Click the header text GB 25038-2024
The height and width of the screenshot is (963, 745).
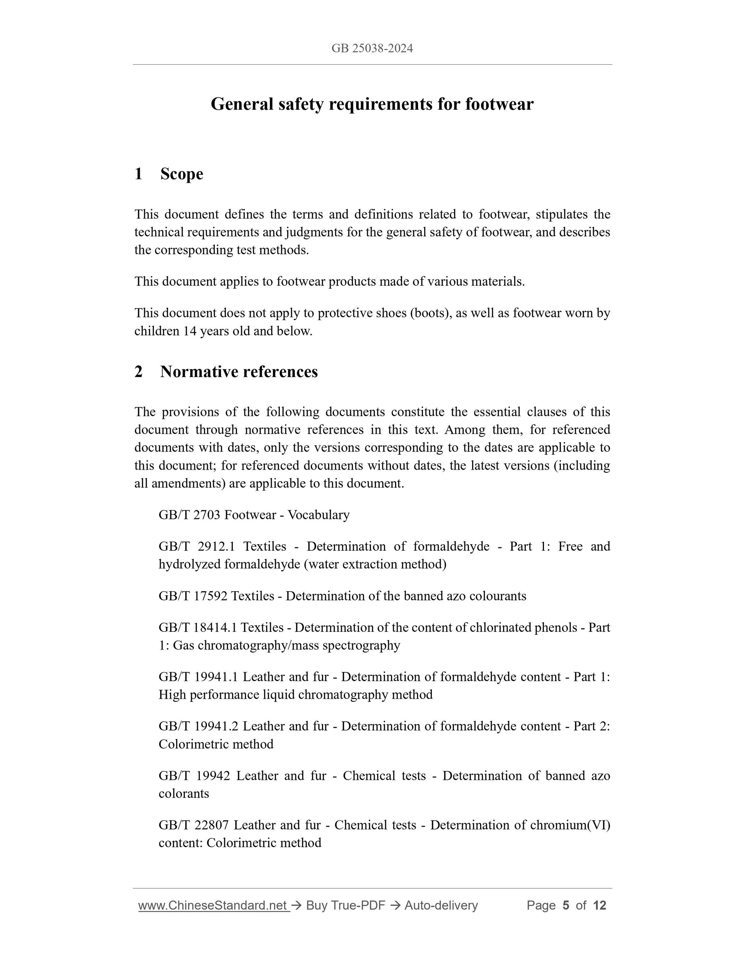click(x=372, y=49)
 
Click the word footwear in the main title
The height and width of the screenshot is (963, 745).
click(x=499, y=104)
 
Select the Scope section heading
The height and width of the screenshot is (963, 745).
click(x=181, y=174)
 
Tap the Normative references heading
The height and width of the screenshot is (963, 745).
click(x=239, y=372)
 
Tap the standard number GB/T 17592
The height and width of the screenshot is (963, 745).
click(x=193, y=596)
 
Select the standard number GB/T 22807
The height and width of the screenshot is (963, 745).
click(x=193, y=825)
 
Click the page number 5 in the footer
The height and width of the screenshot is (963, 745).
click(x=565, y=906)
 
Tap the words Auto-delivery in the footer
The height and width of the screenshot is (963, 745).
click(x=441, y=906)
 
